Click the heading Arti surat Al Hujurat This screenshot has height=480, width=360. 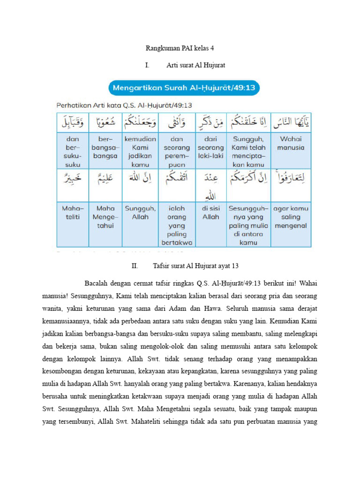point(196,65)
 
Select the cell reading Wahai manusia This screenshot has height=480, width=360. point(291,143)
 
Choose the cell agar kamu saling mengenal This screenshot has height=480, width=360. point(291,217)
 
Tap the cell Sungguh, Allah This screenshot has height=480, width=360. point(140,212)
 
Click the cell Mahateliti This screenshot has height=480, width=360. point(73,212)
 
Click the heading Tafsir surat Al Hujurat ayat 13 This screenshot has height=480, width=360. point(196,266)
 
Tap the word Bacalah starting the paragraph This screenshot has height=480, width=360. point(96,283)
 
